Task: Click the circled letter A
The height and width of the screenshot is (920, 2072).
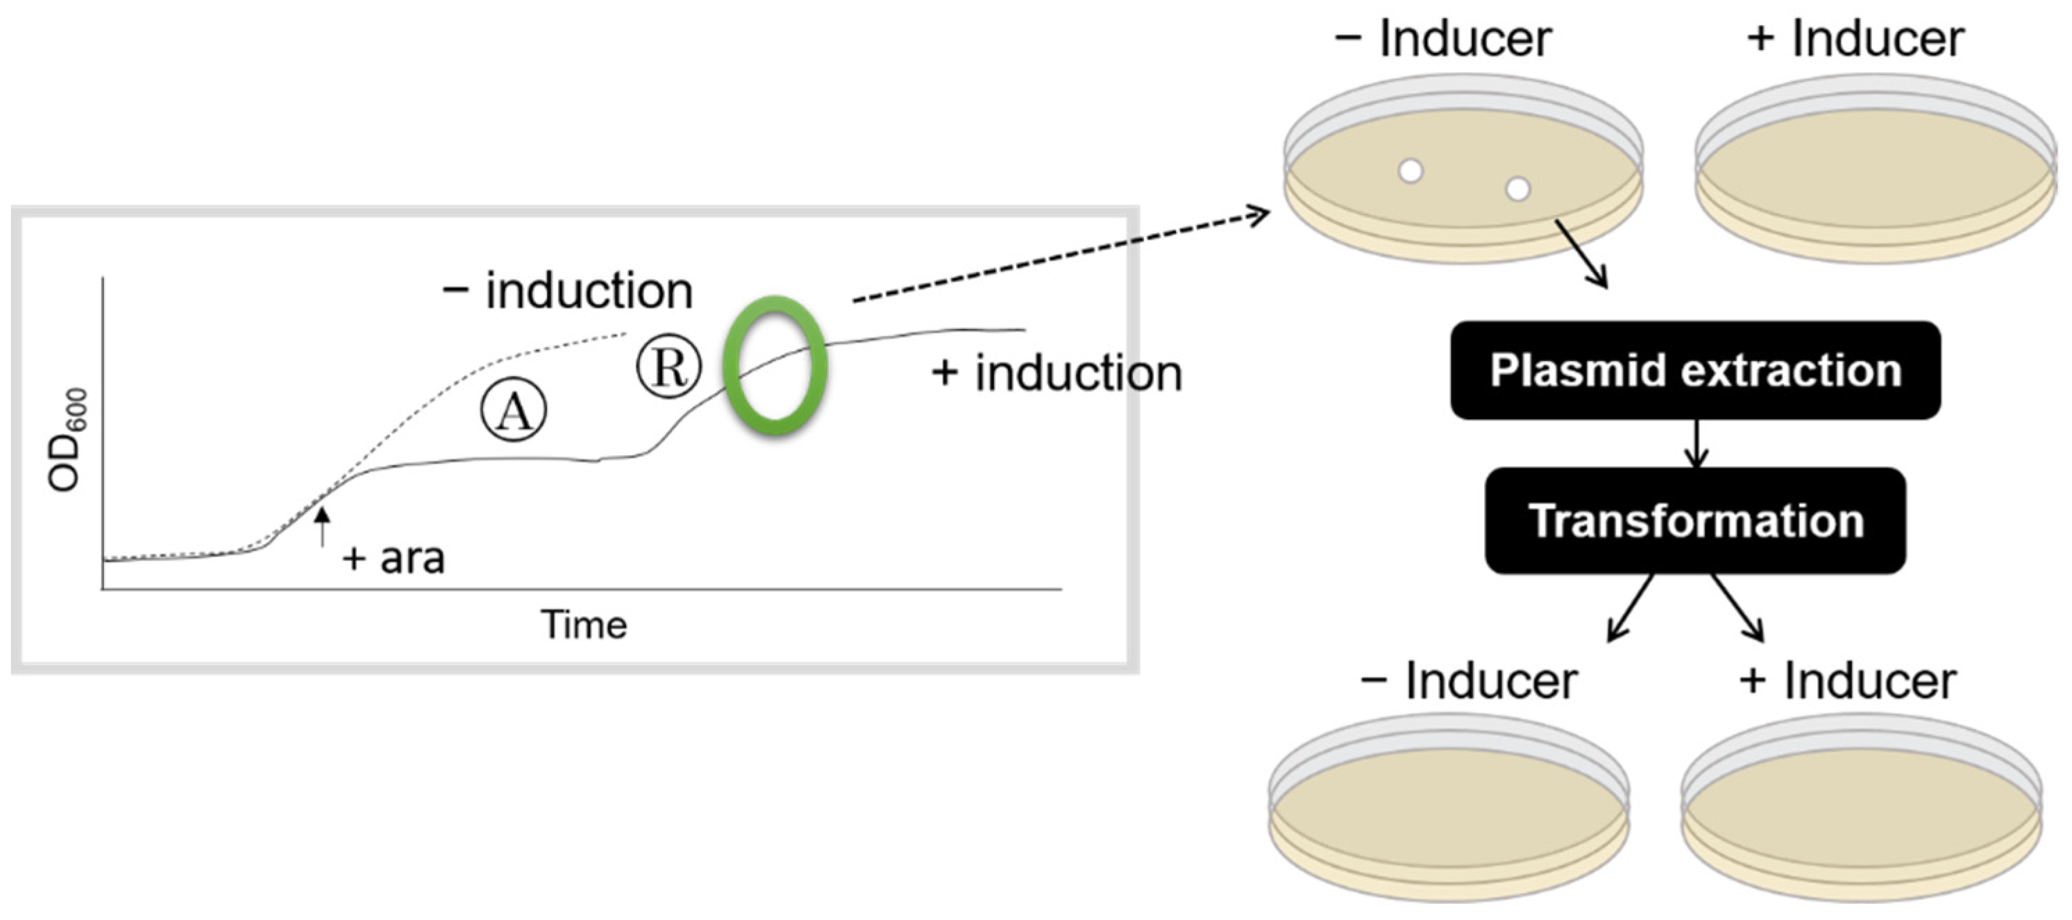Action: click(513, 410)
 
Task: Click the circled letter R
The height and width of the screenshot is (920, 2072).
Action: click(668, 367)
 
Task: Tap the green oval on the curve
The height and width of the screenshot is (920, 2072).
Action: click(775, 366)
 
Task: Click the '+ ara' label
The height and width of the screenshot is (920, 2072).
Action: click(394, 558)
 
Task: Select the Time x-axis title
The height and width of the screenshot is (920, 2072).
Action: click(583, 625)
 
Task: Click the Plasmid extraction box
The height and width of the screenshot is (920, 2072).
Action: click(1695, 370)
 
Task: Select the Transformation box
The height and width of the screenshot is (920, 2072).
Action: click(1695, 520)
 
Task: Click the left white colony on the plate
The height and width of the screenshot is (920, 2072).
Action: click(1410, 171)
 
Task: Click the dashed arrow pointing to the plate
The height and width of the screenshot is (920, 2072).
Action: click(1062, 257)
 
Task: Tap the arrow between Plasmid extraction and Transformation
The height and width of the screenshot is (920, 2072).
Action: click(1696, 443)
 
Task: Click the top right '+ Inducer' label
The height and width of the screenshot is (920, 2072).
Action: click(1855, 39)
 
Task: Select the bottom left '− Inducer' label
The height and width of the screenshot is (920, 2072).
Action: click(1468, 681)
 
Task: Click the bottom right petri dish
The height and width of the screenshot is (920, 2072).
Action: click(1860, 808)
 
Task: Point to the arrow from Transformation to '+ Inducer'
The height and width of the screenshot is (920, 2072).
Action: click(1737, 608)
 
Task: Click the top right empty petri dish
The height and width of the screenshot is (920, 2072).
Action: click(1874, 169)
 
